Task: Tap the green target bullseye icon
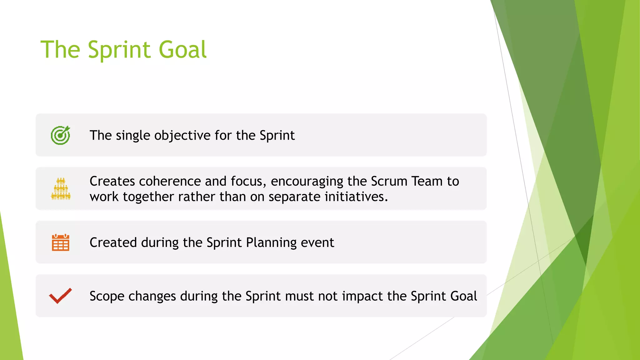click(60, 135)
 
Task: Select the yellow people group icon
click(61, 189)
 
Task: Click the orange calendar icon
click(60, 242)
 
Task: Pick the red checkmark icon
click(60, 296)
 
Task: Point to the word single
click(133, 136)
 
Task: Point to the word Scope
click(107, 296)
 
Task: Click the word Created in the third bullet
click(113, 242)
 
